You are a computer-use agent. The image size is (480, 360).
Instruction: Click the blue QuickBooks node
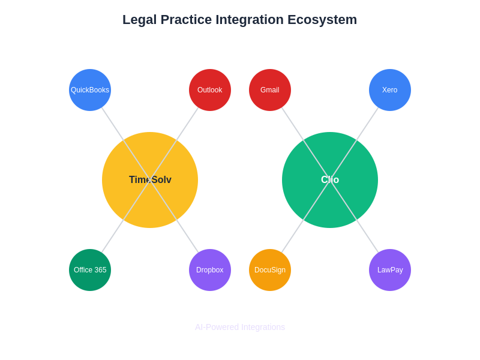90,90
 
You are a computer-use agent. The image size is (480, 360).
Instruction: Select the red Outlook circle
210,90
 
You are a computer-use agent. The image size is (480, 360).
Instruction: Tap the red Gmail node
270,90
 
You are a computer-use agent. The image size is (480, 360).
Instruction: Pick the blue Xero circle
390,90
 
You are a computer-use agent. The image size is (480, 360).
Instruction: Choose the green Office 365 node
90,270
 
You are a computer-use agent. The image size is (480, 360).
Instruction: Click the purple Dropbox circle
210,270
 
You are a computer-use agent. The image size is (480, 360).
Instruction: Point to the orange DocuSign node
270,270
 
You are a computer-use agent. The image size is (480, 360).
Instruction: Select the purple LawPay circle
390,270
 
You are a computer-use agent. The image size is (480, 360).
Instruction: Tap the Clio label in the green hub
330,180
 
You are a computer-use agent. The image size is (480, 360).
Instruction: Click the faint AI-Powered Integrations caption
240,327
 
